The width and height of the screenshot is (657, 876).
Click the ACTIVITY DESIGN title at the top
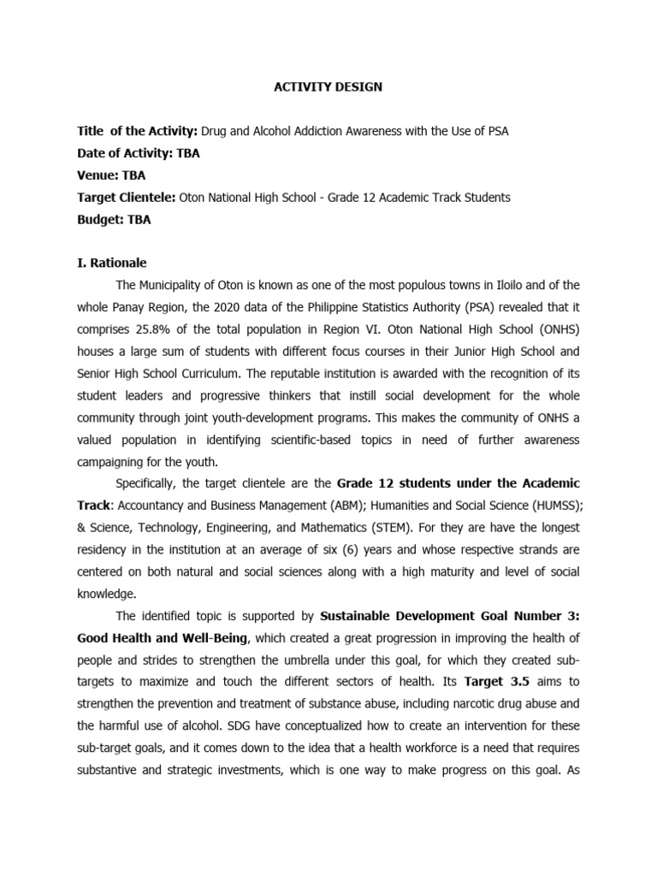(x=328, y=86)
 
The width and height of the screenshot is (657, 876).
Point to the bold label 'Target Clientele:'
(x=127, y=198)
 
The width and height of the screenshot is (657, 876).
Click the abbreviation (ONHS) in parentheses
(x=554, y=328)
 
